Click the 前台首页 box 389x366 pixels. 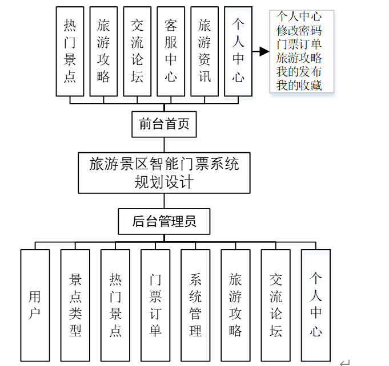164,124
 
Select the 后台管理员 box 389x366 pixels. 164,221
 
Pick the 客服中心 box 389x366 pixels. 171,51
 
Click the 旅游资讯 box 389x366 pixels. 204,51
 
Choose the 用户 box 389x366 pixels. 35,304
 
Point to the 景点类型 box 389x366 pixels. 75,304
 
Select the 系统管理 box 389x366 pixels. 195,304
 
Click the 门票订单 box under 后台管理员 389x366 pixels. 155,304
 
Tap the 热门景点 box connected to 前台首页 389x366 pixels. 70,51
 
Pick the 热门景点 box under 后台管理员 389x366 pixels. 115,304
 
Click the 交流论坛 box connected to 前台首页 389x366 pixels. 137,51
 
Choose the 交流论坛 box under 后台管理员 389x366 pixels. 276,304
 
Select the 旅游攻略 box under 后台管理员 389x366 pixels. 235,304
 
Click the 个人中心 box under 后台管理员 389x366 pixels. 316,304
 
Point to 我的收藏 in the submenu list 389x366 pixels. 299,86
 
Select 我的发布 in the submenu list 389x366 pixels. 299,72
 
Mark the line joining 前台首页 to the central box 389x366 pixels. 164,145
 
